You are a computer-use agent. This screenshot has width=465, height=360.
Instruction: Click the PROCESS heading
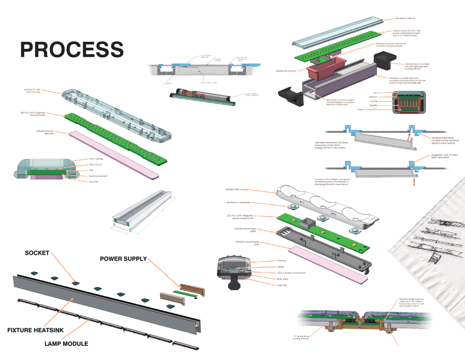click(72, 49)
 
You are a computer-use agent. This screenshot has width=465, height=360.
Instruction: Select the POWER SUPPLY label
click(123, 259)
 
